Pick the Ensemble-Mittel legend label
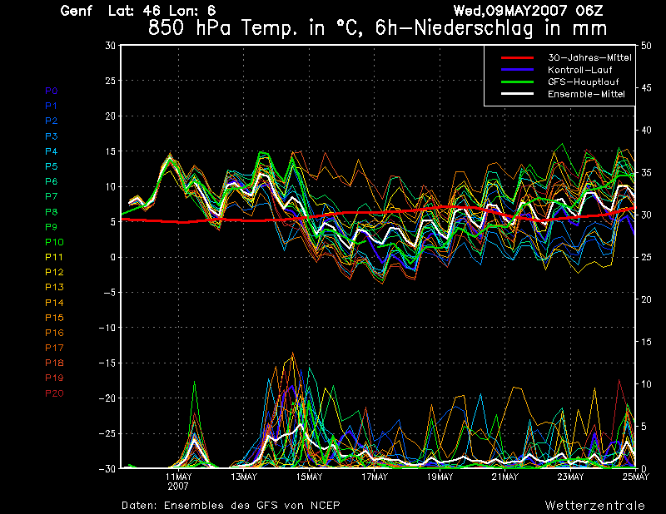pyautogui.click(x=585, y=94)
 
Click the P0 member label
pyautogui.click(x=52, y=91)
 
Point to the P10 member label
pyautogui.click(x=54, y=242)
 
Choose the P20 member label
pyautogui.click(x=54, y=393)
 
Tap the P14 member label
pyautogui.click(x=54, y=303)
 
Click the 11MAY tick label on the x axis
pyautogui.click(x=179, y=477)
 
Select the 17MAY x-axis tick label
pyautogui.click(x=375, y=477)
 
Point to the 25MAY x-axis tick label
pyautogui.click(x=635, y=477)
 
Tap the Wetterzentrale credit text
pyautogui.click(x=594, y=505)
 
